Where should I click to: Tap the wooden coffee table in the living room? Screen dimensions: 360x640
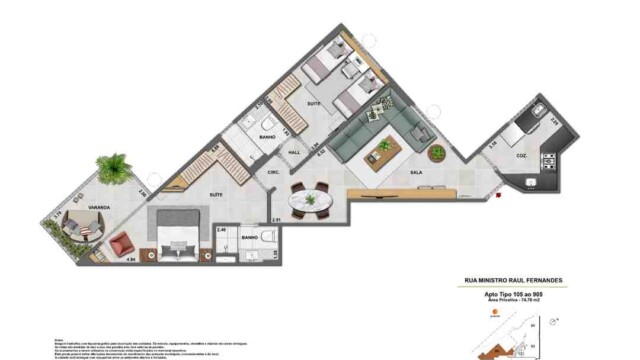coord(384,149)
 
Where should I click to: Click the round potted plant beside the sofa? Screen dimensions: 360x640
coord(437,153)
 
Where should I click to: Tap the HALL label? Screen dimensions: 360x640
coord(294,153)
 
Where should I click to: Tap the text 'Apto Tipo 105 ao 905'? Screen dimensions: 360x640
coord(512,295)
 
